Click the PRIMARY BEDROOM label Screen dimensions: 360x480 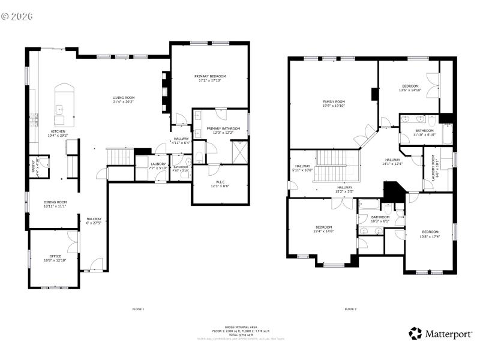coord(210,76)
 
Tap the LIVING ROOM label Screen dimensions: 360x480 coord(124,98)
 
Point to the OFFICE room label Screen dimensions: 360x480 coord(55,256)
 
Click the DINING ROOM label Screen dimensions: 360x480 coord(55,202)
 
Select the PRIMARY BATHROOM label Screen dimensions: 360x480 coord(223,128)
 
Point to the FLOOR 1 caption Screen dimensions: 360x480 coord(138,309)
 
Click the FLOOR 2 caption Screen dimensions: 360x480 coord(350,309)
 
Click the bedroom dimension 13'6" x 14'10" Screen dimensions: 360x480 coord(410,90)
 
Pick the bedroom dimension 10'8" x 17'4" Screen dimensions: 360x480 coord(430,236)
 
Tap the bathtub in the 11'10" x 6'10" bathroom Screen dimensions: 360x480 coord(447,133)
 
